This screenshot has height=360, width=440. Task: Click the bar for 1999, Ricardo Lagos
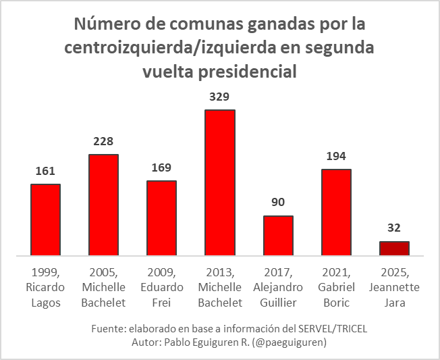click(45, 220)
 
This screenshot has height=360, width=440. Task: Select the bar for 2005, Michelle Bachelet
click(103, 205)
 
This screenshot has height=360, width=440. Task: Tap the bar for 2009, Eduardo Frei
click(161, 218)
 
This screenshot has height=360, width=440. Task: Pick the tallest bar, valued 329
click(220, 182)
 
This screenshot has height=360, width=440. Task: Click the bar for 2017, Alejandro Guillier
click(278, 236)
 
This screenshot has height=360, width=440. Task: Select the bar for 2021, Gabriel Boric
click(336, 213)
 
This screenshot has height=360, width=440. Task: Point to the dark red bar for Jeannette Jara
click(394, 249)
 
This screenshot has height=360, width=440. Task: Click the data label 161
click(45, 171)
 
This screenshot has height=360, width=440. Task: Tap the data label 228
click(103, 141)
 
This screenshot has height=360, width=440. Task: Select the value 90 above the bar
click(278, 203)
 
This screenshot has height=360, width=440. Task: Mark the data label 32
click(394, 228)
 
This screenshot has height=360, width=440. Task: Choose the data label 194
click(336, 156)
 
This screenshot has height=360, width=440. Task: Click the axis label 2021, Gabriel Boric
click(336, 287)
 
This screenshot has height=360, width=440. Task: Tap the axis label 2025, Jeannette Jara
click(394, 287)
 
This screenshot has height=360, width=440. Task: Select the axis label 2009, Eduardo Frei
click(161, 287)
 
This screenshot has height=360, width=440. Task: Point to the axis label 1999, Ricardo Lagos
click(45, 287)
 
